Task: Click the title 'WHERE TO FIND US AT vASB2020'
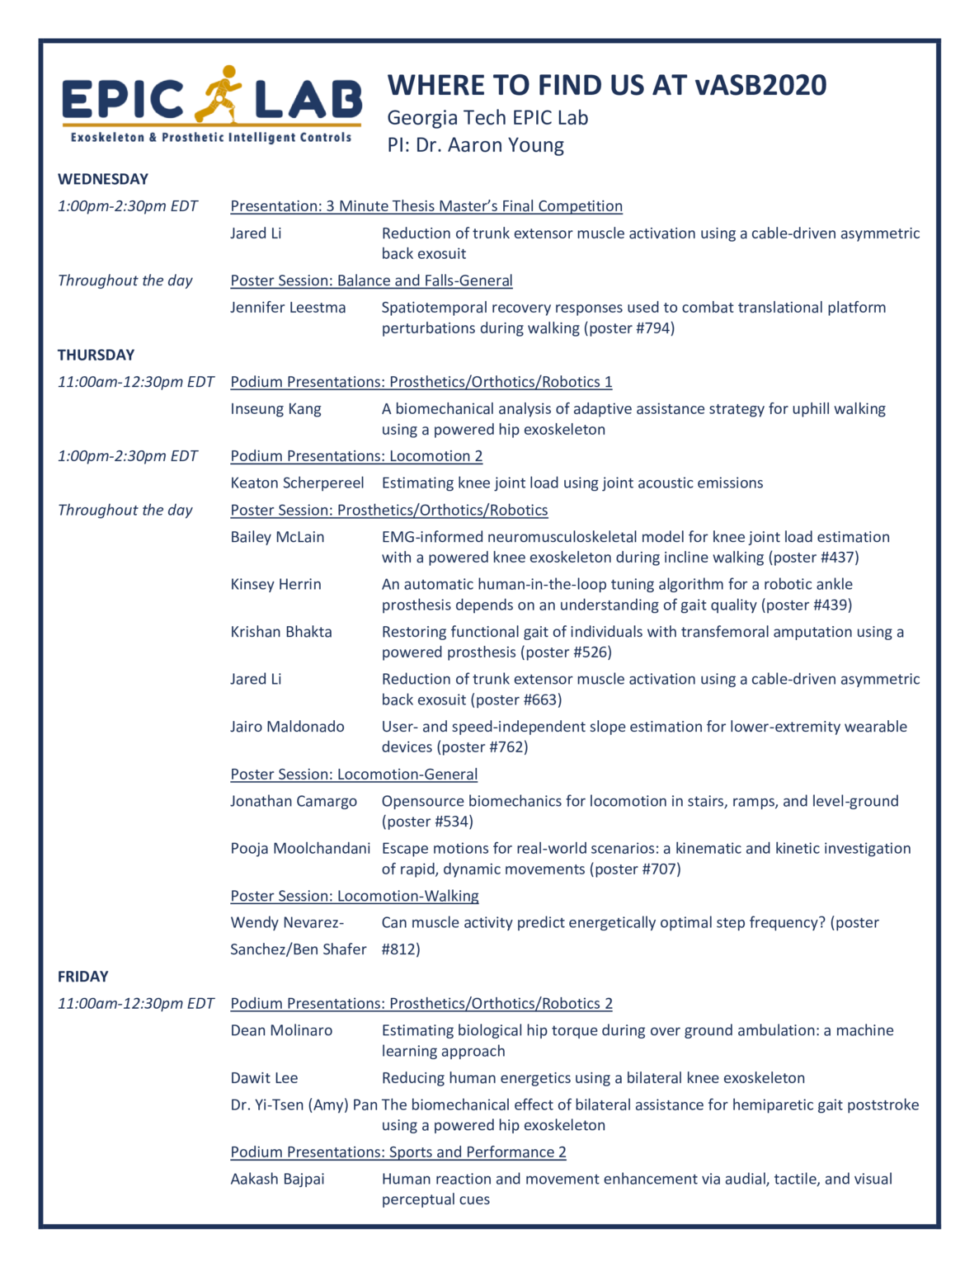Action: (x=606, y=85)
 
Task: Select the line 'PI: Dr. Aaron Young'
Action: (x=476, y=145)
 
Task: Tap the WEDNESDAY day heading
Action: (x=103, y=179)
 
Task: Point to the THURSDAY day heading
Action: (x=96, y=355)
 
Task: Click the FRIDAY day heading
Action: (x=82, y=977)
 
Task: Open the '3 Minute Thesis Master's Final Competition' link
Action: (x=426, y=206)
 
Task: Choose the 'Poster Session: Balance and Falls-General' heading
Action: (x=371, y=280)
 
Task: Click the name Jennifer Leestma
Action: (x=288, y=308)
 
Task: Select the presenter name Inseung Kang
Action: (x=275, y=409)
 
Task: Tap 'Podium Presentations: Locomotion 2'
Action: (x=356, y=456)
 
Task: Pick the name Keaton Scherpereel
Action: (x=297, y=483)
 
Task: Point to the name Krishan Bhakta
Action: (x=281, y=632)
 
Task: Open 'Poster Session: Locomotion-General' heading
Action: (x=354, y=775)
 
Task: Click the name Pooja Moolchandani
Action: (x=300, y=849)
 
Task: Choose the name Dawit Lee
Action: (x=264, y=1078)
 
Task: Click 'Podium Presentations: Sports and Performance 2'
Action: (x=398, y=1152)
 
